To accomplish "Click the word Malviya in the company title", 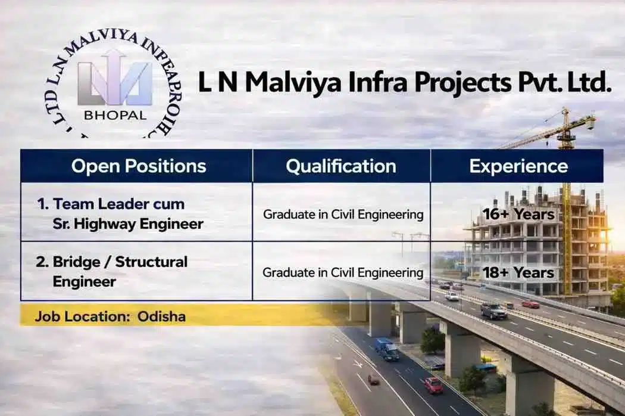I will [x=294, y=83].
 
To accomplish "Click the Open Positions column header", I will [x=138, y=166].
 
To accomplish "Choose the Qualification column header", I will [x=341, y=166].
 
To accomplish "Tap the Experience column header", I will [x=518, y=166].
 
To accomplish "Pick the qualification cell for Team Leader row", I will [x=343, y=214].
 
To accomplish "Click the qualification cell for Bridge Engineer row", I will [x=343, y=272].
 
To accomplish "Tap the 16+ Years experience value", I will [x=518, y=214].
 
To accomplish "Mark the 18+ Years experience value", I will [x=518, y=272].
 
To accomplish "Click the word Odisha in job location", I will [x=161, y=316].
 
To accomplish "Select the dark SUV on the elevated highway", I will [x=493, y=311].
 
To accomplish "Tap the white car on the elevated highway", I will [x=452, y=296].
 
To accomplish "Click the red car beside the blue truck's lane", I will [x=433, y=385].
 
